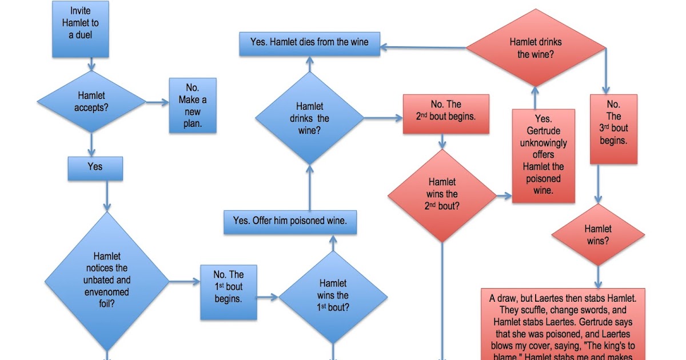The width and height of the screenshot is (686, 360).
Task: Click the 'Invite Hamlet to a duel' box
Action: (x=81, y=30)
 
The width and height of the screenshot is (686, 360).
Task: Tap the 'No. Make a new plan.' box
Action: (x=193, y=106)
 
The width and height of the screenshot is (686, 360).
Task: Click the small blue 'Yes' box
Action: (x=95, y=167)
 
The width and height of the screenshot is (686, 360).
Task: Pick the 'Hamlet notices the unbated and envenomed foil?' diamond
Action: (x=107, y=281)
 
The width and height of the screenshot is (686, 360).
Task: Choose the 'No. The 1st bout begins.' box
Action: (x=228, y=291)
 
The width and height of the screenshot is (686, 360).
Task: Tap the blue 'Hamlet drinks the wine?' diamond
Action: (x=309, y=118)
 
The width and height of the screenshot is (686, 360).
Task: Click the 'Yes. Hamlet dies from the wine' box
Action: (x=309, y=43)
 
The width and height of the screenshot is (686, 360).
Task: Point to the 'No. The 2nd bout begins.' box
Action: (x=446, y=114)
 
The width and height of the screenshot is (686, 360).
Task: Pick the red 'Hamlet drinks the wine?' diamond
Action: (x=535, y=48)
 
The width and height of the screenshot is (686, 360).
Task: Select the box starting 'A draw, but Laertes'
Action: (x=563, y=323)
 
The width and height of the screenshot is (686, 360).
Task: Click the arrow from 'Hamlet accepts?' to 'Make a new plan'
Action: (x=157, y=103)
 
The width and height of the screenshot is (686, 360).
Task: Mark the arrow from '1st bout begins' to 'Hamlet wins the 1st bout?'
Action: (x=267, y=297)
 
